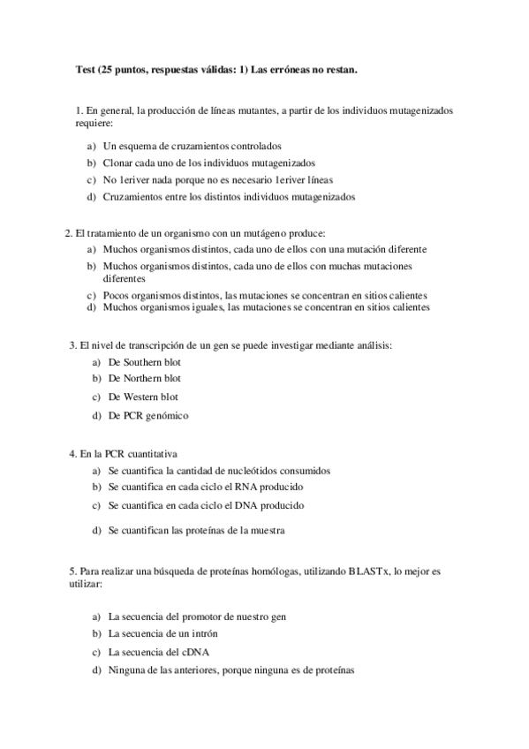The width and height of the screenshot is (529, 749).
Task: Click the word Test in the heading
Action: pos(86,70)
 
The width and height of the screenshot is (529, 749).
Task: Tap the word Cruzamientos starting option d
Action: pos(133,197)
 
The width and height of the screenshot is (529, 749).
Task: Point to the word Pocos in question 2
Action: pos(117,295)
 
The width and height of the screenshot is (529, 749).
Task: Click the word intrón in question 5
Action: pos(202,633)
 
